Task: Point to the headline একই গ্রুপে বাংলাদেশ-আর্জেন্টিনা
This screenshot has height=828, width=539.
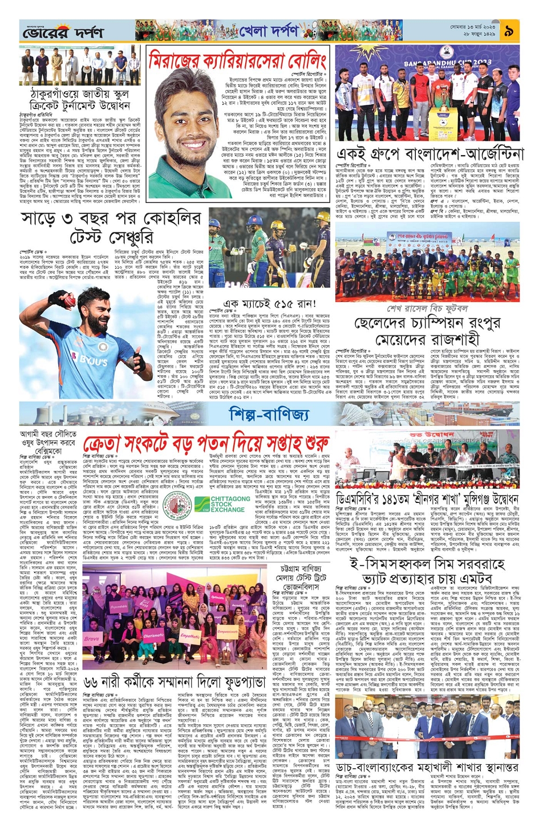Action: [429, 155]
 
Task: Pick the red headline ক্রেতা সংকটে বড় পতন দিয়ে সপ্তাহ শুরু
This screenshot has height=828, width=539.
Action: [206, 444]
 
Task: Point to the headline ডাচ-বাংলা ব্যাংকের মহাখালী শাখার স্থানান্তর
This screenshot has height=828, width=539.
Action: [427, 767]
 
